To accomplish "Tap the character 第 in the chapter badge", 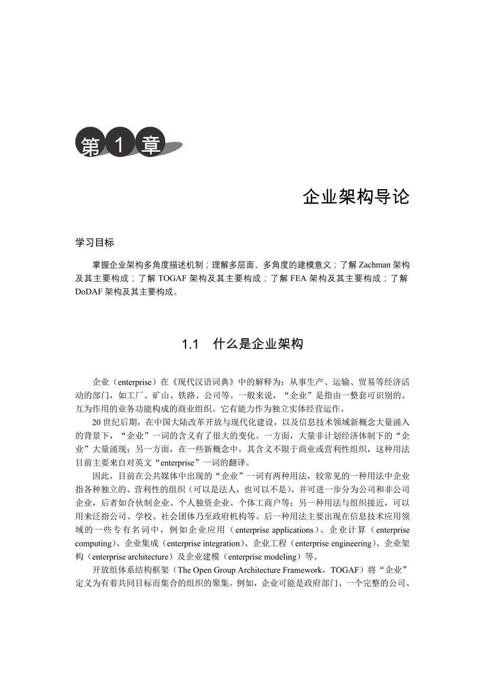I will [90, 145].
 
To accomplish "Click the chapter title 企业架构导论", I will [356, 197].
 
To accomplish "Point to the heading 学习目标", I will [95, 243].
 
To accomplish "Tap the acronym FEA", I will [298, 278].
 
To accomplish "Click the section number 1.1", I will [190, 345].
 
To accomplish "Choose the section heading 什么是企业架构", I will [258, 345].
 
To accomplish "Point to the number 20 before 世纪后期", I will [96, 422].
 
